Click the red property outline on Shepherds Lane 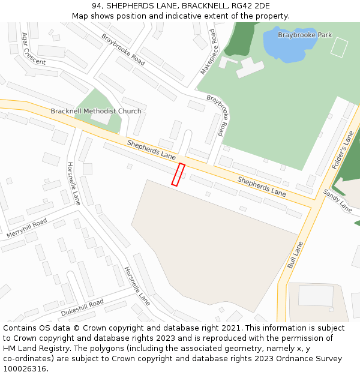178,174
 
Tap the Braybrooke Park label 305,35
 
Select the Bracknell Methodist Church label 96,111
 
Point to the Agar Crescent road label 32,49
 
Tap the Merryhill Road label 26,228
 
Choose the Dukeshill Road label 82,308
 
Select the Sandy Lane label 338,200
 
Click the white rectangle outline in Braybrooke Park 339,47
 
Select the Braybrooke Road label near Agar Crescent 123,49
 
